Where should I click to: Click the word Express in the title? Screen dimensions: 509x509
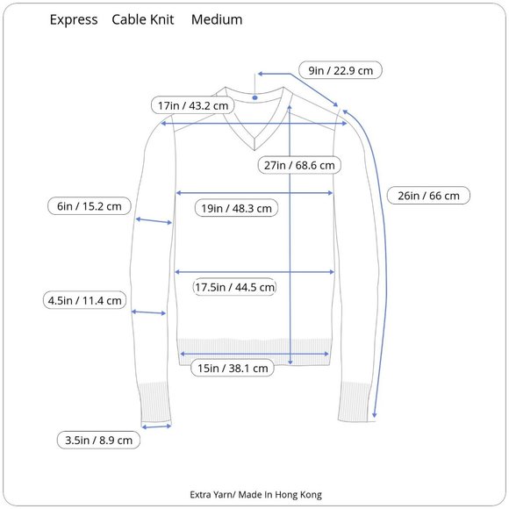[74, 20]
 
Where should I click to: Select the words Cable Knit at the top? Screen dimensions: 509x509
[143, 19]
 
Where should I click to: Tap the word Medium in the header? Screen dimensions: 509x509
[217, 19]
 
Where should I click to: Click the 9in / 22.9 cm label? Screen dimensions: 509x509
[341, 70]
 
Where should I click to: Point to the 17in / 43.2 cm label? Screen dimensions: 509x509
[193, 105]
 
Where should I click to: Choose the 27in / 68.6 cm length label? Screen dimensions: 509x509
[299, 165]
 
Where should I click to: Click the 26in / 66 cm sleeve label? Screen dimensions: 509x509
[428, 196]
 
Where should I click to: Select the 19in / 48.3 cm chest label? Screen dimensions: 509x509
[236, 208]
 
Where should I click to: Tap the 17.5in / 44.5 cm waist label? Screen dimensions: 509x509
[234, 287]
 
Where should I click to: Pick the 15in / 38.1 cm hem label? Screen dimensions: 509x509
[233, 368]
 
